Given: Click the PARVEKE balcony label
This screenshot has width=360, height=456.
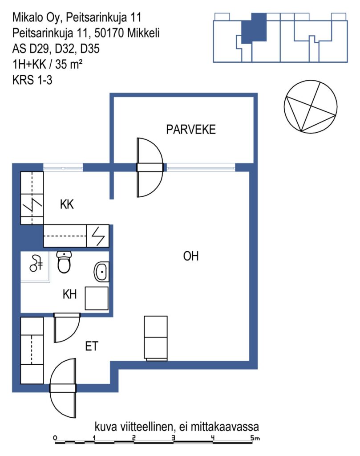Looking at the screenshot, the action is click(191, 130).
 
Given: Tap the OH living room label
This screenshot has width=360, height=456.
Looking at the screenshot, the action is click(191, 256).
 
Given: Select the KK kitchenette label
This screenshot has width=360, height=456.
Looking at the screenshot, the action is click(67, 204).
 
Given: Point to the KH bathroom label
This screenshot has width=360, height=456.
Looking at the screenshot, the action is click(70, 294).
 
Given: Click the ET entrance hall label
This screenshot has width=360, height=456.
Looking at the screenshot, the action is click(92, 346).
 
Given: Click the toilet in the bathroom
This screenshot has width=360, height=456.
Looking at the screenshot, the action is click(64, 262).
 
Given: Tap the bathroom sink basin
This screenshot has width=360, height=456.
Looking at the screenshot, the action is click(101, 272).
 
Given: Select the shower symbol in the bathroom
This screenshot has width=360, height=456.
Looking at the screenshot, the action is click(36, 264).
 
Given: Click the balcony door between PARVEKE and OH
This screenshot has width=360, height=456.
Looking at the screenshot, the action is click(150, 167).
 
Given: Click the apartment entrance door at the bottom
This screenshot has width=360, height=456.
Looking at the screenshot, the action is click(63, 388).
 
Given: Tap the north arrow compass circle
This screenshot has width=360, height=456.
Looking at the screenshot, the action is click(310, 107).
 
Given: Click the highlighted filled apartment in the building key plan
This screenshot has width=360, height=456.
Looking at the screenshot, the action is click(254, 28).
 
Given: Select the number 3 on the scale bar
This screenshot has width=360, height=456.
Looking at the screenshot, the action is click(174, 438).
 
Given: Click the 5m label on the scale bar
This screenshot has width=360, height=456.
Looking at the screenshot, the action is click(255, 438).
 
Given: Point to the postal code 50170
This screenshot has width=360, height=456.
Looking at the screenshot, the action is click(109, 33).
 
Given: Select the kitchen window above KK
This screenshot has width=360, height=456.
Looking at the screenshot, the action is click(63, 167).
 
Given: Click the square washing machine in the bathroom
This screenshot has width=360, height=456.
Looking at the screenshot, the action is click(97, 298).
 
